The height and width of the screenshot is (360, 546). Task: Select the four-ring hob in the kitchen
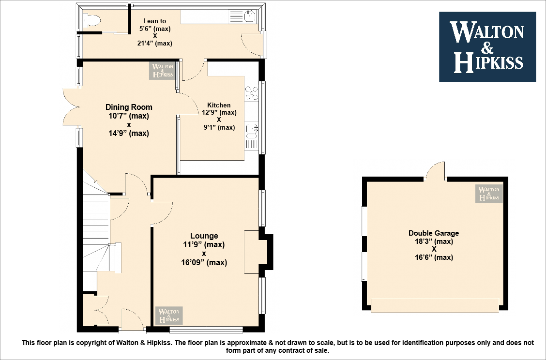252,93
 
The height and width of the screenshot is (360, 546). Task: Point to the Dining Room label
129,107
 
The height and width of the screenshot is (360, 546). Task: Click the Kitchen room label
219,105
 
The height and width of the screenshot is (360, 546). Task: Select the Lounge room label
204,236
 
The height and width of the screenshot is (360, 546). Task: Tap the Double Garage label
434,233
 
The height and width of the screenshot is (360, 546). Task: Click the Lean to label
154,21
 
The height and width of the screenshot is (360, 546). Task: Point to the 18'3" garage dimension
434,241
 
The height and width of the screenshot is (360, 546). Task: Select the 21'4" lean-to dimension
154,44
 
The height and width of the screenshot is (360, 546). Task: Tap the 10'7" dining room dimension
129,116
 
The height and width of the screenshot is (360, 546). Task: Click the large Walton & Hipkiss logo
487,46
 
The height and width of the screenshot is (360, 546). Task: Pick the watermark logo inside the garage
489,193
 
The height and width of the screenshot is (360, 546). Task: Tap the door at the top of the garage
436,171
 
